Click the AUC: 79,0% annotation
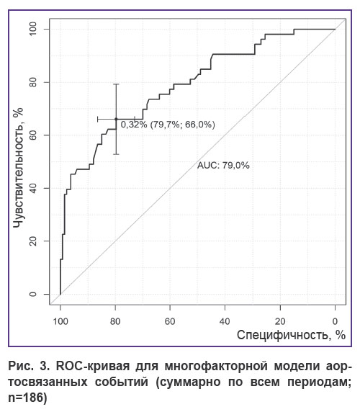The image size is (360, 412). (x=223, y=165)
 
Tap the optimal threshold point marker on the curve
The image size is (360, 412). (x=116, y=119)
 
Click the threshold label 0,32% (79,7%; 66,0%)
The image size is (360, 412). (x=168, y=125)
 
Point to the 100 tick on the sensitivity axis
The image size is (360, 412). (x=33, y=29)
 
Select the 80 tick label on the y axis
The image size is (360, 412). (x=33, y=82)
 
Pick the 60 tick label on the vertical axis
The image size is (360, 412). (x=33, y=135)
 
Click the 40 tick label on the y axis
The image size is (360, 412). (x=33, y=189)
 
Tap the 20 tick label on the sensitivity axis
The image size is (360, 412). (x=33, y=241)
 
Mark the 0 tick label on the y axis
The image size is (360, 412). (x=33, y=294)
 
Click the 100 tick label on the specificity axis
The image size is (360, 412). (x=60, y=321)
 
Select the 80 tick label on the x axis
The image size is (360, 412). (x=115, y=321)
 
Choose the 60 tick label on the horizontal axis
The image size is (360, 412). (x=170, y=321)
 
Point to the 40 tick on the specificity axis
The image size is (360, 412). (x=225, y=321)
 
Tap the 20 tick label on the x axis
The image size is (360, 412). (x=280, y=321)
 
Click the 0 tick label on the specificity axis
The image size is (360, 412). (x=335, y=321)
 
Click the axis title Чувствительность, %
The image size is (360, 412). (x=18, y=168)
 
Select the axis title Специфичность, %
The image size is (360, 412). (x=291, y=335)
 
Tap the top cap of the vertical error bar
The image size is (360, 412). (x=116, y=84)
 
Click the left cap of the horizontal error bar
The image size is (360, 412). (x=98, y=119)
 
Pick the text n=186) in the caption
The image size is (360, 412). (x=27, y=398)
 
